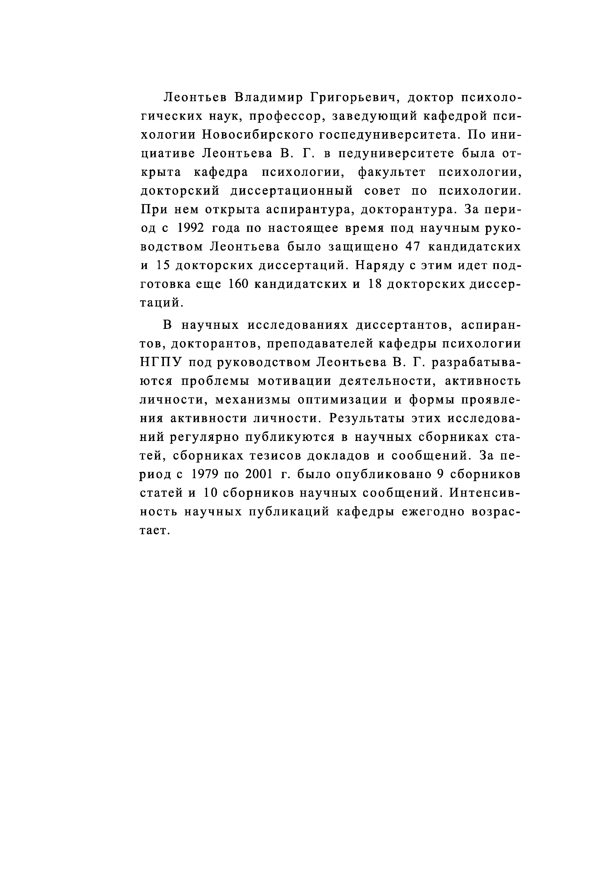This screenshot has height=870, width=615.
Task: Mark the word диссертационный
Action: click(x=292, y=191)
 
